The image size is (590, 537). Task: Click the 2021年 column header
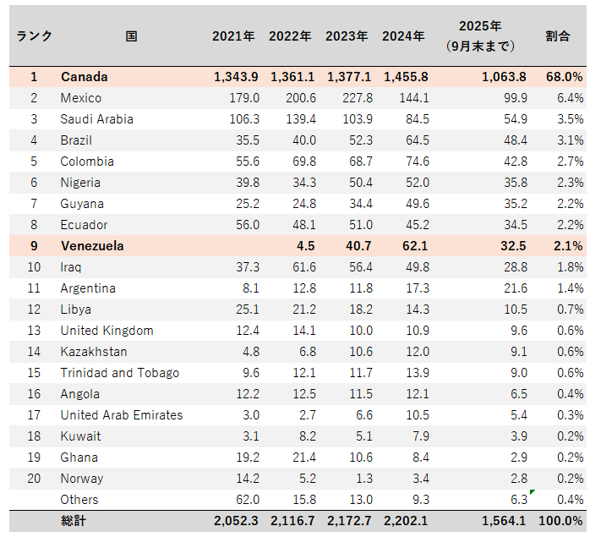233,36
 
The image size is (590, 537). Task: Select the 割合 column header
557,36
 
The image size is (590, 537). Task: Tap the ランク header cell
34,36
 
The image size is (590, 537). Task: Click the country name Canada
84,77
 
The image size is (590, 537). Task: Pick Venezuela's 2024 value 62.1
412,246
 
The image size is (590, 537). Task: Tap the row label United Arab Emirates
121,415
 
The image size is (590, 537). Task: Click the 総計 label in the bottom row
73,521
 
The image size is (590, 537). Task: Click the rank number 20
34,479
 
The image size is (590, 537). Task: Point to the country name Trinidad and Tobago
119,373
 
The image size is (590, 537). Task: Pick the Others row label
79,500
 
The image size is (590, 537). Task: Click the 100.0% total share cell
560,521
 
